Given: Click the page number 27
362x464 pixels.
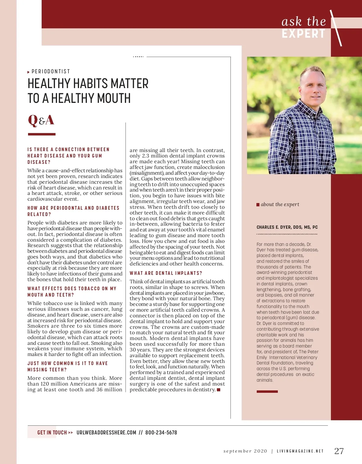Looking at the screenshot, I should [x=339, y=451].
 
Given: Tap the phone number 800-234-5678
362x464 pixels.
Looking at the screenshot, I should [x=161, y=433].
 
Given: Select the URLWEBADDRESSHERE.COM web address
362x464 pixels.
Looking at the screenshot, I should [x=106, y=433].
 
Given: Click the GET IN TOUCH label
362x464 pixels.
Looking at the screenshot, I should [x=52, y=433].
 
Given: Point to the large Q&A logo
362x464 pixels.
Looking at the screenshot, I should [x=41, y=120].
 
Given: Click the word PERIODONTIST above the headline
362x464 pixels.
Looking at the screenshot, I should [x=51, y=72].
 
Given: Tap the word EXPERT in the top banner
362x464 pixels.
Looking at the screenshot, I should [x=303, y=34].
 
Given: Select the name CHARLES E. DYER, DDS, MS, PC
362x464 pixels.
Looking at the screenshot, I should [x=287, y=227].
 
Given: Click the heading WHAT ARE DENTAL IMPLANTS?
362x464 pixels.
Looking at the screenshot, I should [x=166, y=273].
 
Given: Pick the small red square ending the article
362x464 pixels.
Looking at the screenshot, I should [x=219, y=390].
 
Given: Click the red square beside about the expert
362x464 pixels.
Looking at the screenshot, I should [x=258, y=205].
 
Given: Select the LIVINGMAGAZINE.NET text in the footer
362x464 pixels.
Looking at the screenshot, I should [x=300, y=451].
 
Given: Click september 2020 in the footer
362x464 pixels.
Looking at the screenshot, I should [x=245, y=451].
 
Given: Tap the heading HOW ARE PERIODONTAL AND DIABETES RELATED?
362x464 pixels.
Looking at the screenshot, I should [x=73, y=211].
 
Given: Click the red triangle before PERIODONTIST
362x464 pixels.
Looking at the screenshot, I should [x=28, y=72].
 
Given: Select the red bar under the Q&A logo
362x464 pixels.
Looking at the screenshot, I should [x=42, y=134].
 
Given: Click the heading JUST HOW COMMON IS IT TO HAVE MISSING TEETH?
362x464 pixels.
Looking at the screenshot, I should [x=67, y=366].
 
